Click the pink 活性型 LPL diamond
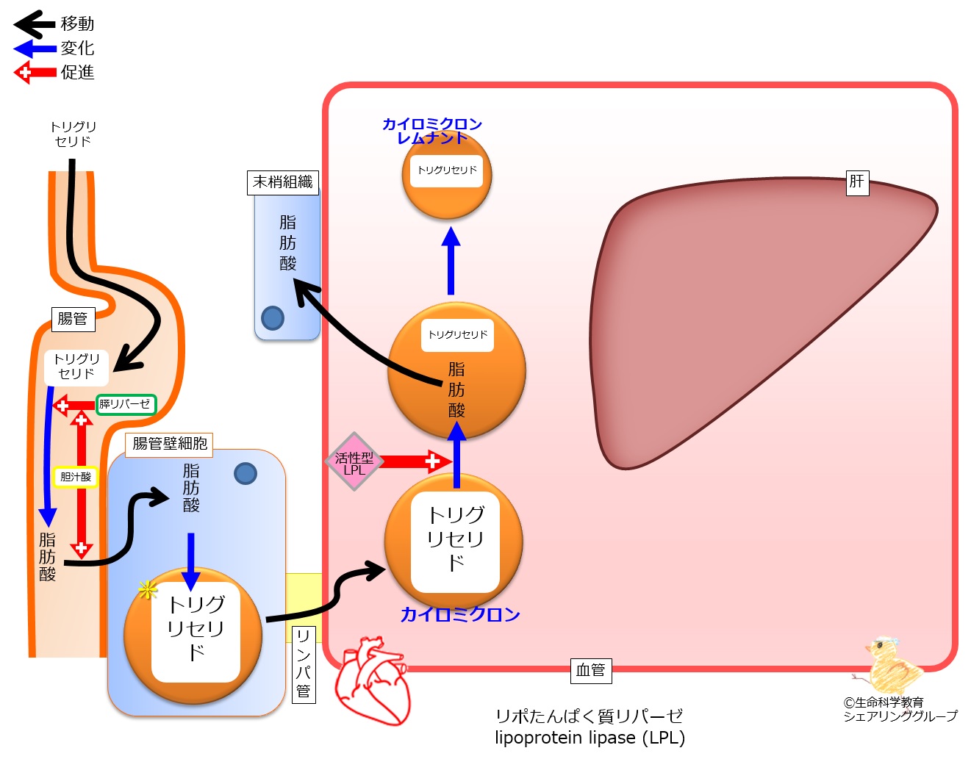click(x=354, y=461)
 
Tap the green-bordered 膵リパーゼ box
click(x=126, y=405)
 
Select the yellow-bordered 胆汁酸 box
click(x=76, y=477)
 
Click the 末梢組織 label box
click(x=283, y=182)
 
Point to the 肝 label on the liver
click(x=858, y=183)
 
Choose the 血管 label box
click(x=591, y=671)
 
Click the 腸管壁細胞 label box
click(x=169, y=445)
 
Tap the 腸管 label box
click(x=74, y=319)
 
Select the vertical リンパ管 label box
click(x=304, y=665)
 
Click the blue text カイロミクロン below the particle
click(x=460, y=615)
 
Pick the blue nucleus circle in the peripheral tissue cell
click(x=273, y=318)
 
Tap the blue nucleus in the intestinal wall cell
click(x=246, y=474)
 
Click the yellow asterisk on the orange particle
click(x=147, y=590)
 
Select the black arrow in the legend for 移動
click(x=35, y=24)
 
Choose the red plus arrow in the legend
click(x=35, y=72)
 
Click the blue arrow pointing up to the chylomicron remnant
click(x=451, y=261)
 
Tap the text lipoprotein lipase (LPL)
click(x=590, y=738)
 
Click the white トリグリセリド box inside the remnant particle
click(x=446, y=171)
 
